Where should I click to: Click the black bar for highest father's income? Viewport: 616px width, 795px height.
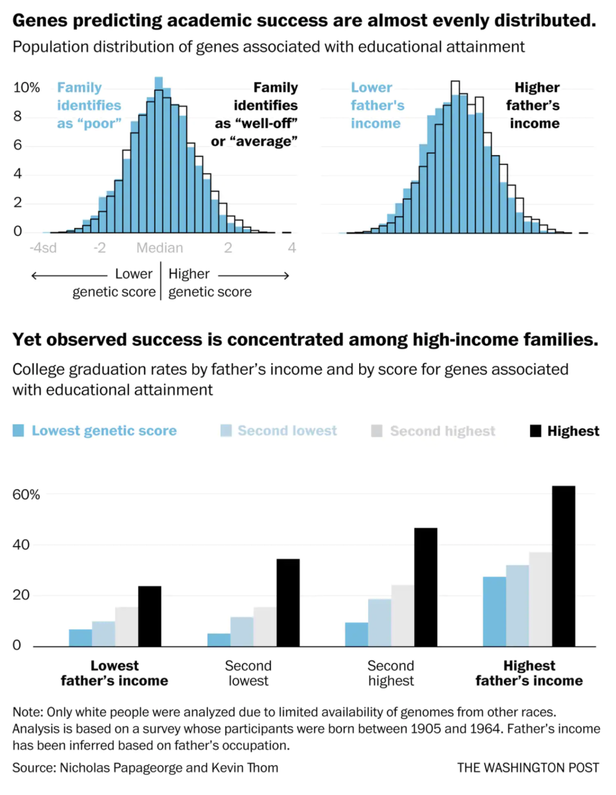click(564, 566)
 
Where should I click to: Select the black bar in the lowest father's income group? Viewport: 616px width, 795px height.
click(150, 616)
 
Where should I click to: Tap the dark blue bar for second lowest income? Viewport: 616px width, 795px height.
click(219, 640)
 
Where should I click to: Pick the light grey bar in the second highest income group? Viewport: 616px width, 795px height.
click(402, 615)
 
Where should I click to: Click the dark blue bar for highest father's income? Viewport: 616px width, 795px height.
click(494, 611)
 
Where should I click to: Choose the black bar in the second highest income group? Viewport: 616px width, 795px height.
click(425, 587)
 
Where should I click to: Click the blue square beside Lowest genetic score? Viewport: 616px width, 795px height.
click(19, 431)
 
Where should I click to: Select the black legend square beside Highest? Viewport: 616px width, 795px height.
click(535, 431)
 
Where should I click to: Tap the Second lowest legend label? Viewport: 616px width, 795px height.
click(287, 431)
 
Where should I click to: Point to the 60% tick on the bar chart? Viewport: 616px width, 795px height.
click(26, 495)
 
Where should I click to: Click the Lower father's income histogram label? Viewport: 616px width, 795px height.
click(376, 105)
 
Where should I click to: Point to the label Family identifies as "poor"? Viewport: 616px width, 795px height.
click(89, 105)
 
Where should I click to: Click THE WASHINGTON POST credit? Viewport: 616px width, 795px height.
click(528, 768)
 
